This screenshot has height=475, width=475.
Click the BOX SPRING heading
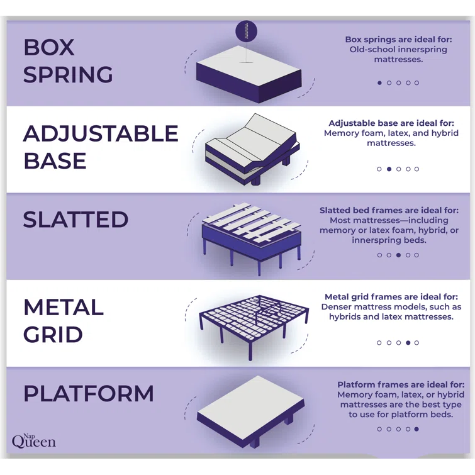click(68, 61)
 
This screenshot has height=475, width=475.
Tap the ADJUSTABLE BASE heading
click(101, 147)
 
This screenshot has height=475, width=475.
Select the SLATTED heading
click(75, 220)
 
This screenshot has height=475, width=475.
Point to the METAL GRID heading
click(64, 320)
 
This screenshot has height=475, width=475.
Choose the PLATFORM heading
click(89, 394)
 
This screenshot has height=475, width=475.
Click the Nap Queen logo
click(33, 440)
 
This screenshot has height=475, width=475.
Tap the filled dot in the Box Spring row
click(379, 83)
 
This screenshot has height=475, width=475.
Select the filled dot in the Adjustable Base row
click(389, 169)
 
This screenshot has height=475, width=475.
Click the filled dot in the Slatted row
click(398, 255)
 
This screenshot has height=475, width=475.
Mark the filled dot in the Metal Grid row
click(408, 343)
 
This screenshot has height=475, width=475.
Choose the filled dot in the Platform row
click(416, 429)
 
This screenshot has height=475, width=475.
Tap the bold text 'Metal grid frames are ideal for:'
click(393, 297)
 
